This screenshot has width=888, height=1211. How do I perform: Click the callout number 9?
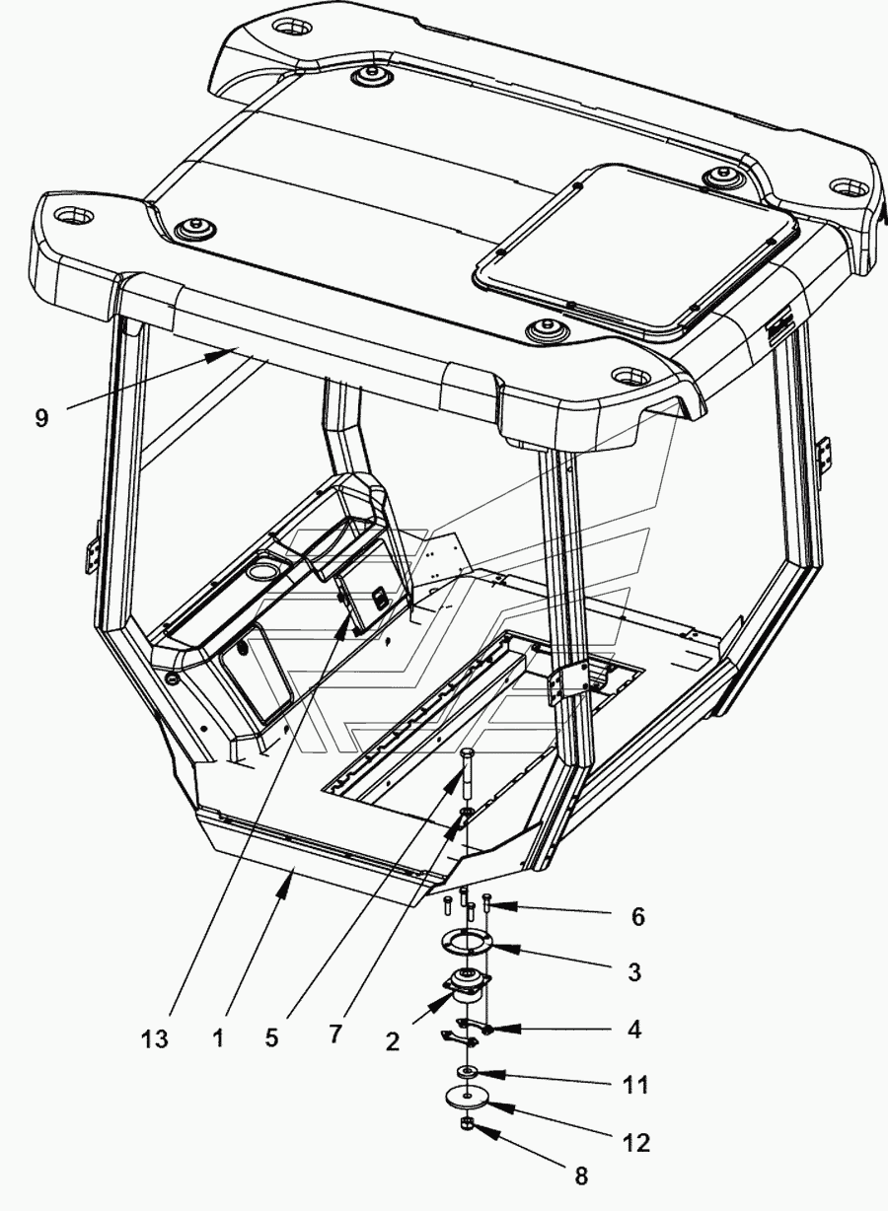tap(41, 418)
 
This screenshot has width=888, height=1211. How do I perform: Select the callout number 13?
tap(155, 1038)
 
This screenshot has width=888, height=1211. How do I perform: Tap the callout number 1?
tap(218, 1038)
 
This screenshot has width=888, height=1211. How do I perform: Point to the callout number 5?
tap(271, 1038)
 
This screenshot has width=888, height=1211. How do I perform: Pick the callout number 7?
tap(335, 1034)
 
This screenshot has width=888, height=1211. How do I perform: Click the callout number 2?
tap(393, 1041)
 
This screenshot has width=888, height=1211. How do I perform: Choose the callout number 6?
tap(638, 917)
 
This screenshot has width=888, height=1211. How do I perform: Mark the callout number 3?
tap(634, 972)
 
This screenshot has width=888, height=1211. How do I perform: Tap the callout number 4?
tap(634, 1030)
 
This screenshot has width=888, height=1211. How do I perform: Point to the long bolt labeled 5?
tap(467, 772)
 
